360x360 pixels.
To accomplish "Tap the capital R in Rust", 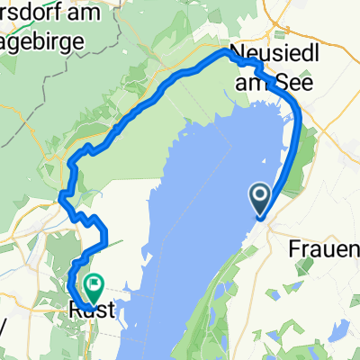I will click(x=74, y=310).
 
